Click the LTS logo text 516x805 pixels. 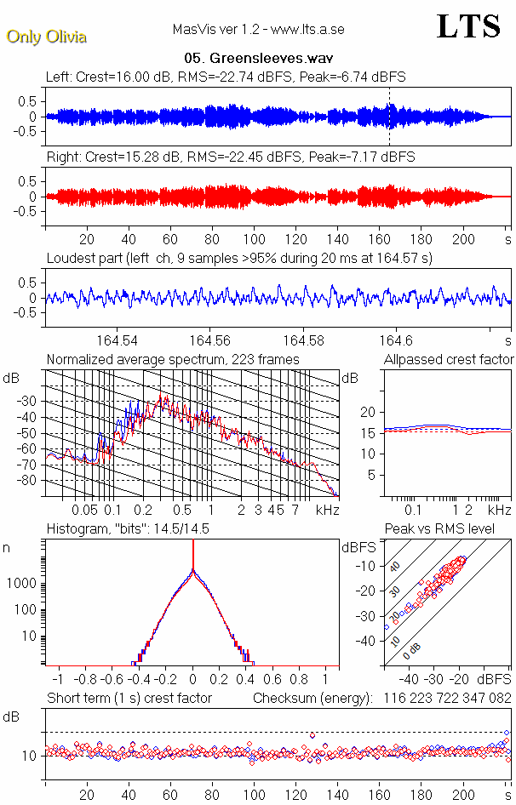467,26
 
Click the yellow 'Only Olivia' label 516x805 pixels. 46,37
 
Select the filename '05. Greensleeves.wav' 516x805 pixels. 258,59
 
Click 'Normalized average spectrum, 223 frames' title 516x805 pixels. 173,359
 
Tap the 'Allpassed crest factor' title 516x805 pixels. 449,359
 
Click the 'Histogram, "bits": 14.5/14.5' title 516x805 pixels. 128,528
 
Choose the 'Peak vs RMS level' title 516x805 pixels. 451,528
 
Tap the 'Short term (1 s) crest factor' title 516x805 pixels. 129,698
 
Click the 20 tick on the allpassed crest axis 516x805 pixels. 369,412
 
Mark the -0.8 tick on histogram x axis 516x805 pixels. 87,680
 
